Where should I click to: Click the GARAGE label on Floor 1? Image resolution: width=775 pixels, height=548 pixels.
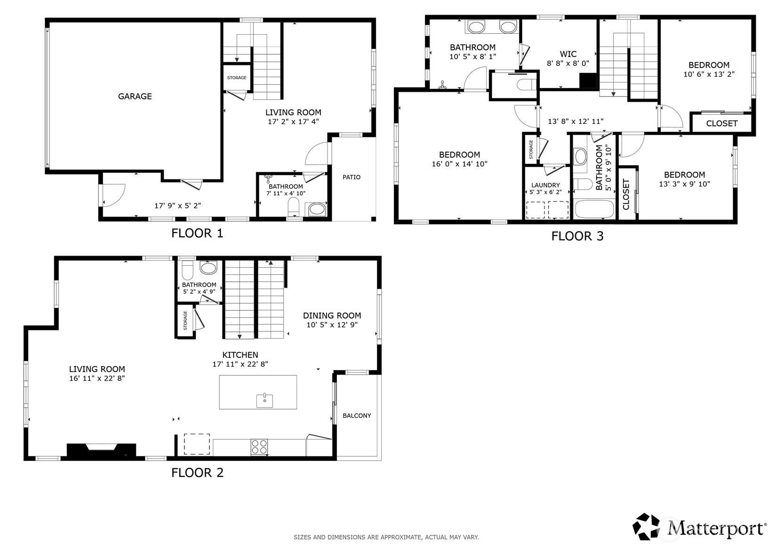[135, 96]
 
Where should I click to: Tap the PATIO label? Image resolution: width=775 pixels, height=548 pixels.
[351, 177]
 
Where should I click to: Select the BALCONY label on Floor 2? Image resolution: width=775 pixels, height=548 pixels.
[357, 415]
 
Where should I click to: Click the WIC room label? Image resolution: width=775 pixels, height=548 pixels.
[568, 54]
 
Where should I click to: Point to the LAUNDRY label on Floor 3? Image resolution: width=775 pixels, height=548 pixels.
[546, 185]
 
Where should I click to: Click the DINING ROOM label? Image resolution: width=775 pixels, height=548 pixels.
[332, 315]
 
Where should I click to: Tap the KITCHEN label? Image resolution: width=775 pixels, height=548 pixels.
[240, 355]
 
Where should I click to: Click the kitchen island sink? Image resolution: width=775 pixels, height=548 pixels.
[264, 401]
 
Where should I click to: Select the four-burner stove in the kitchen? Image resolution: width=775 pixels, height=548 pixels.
[259, 447]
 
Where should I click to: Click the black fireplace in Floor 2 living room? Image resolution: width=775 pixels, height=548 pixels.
[101, 451]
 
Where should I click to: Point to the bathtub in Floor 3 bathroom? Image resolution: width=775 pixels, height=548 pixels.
[594, 209]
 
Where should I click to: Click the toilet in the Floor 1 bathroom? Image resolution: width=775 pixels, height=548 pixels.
[294, 206]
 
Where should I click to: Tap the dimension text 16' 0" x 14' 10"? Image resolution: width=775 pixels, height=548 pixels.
[459, 164]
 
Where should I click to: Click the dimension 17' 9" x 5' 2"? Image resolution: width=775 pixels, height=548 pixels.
[177, 206]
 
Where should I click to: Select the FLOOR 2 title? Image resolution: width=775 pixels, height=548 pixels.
[197, 473]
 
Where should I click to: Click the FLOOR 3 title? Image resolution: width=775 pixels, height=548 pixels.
[577, 236]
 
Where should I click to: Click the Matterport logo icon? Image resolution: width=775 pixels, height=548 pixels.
[646, 526]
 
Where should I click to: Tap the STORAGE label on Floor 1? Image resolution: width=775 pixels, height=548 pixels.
[237, 78]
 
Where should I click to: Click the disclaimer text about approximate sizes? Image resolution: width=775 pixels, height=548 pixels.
[386, 537]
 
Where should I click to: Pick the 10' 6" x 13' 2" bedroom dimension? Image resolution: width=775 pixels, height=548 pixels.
[709, 74]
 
